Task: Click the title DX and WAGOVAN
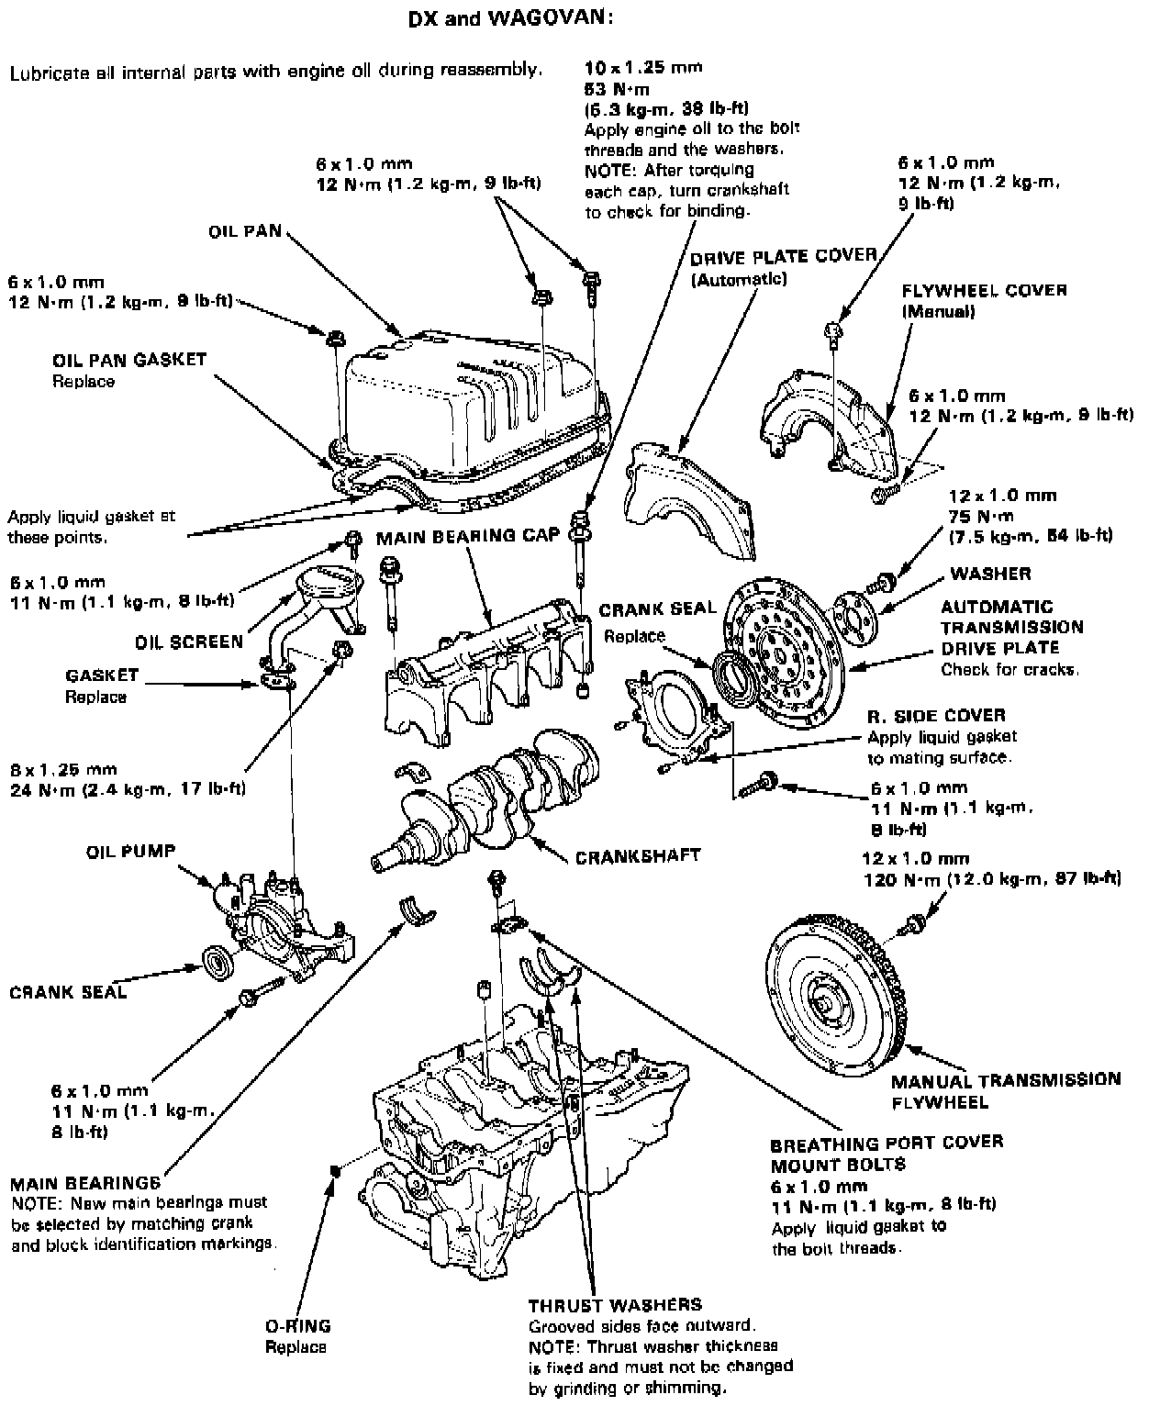[510, 18]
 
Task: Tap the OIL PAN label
[244, 231]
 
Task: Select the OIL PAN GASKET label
[129, 359]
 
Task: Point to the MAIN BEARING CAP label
[467, 536]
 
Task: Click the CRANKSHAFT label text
[638, 855]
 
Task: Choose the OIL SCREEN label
[189, 641]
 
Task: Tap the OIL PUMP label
[131, 852]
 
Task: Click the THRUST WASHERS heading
[615, 1304]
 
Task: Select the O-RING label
[297, 1325]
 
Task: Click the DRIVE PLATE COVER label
[784, 256]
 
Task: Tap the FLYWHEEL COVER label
[985, 290]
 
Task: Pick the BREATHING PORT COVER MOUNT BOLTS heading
[887, 1154]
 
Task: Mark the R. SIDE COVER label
[936, 715]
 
